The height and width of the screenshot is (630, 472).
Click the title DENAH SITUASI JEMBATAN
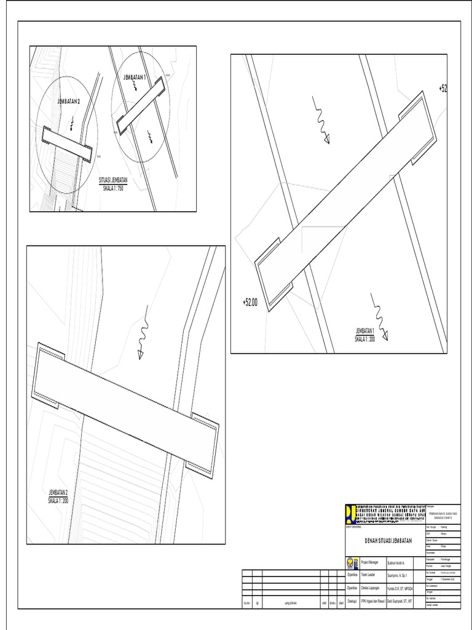pyautogui.click(x=380, y=540)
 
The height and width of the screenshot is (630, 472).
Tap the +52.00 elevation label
pyautogui.click(x=250, y=302)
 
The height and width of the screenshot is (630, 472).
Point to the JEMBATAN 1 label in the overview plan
pyautogui.click(x=134, y=78)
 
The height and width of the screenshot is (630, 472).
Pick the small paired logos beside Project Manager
pyautogui.click(x=352, y=562)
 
